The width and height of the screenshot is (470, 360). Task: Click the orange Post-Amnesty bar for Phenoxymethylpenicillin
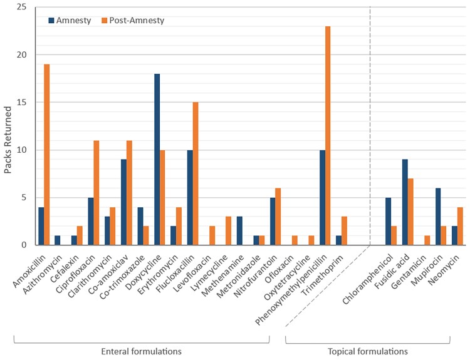328,136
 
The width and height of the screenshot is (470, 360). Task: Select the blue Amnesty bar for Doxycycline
157,159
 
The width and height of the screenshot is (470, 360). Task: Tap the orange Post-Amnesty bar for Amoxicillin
47,155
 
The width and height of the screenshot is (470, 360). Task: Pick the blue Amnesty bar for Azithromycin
58,240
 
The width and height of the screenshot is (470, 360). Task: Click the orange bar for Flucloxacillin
196,173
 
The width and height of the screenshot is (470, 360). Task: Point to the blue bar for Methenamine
239,230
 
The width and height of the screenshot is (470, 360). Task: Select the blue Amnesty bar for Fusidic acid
405,202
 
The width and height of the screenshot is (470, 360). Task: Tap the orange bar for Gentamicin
427,240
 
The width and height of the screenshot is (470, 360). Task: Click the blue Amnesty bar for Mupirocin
438,217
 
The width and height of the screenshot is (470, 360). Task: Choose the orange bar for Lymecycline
228,230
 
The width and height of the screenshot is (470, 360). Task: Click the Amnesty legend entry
70,21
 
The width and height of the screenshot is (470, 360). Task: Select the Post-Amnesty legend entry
133,21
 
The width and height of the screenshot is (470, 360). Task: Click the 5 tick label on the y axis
24,197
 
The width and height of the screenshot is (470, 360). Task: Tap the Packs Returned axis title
8,140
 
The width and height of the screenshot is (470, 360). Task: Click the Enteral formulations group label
141,351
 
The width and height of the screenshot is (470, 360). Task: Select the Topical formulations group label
368,351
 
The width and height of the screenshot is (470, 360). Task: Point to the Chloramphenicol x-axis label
367,279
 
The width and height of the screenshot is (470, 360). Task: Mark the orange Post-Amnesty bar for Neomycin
460,226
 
